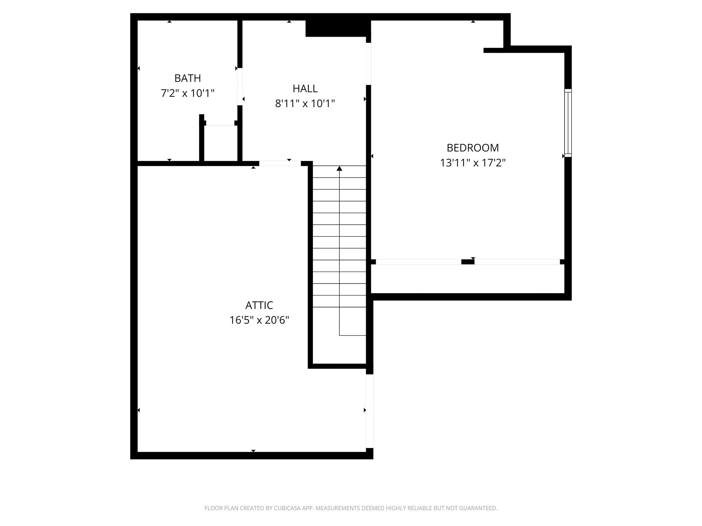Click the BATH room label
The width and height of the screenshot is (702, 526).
[187, 78]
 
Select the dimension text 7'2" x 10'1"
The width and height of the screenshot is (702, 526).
[187, 93]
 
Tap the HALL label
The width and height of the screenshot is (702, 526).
[305, 89]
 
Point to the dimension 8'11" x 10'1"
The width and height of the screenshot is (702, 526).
[305, 103]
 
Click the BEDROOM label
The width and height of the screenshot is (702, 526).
[472, 148]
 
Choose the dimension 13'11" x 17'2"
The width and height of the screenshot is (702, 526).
[472, 163]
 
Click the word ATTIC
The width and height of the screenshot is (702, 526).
[259, 305]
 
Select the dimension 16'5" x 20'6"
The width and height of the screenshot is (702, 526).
[259, 320]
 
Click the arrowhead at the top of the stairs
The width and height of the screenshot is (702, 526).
[339, 168]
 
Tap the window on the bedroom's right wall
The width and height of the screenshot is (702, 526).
[568, 123]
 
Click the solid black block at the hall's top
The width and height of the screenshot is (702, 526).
[338, 28]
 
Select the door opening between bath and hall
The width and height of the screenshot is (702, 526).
[240, 87]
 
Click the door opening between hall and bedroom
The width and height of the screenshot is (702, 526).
[368, 64]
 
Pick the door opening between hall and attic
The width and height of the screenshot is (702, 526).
[280, 164]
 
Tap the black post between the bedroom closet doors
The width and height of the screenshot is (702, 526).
[468, 262]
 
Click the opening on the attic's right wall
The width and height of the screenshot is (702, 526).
[369, 411]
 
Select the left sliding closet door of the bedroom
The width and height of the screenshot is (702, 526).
[418, 262]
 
